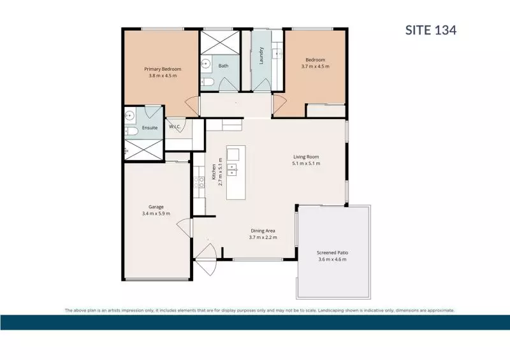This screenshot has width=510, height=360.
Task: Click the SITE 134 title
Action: (x=431, y=30)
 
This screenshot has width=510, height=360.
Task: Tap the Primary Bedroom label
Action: (x=163, y=69)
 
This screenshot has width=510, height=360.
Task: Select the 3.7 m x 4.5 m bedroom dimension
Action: (x=315, y=66)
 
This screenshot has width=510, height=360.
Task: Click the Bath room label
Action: (x=223, y=66)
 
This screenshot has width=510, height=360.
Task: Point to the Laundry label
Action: (x=261, y=55)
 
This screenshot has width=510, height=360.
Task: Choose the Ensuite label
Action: (x=150, y=127)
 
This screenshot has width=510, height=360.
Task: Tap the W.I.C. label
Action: (x=176, y=127)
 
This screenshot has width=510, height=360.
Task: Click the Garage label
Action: (x=156, y=206)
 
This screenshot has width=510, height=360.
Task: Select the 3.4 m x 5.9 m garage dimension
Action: (x=156, y=213)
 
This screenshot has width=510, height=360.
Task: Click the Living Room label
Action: (x=305, y=157)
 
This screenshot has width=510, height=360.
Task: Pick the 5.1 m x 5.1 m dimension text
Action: (x=305, y=164)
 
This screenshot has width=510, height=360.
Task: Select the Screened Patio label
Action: (x=332, y=252)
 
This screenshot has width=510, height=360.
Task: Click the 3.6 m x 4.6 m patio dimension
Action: (x=332, y=260)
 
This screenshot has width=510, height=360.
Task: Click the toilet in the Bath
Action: (x=208, y=82)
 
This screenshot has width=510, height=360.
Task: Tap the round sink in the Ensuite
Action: (x=130, y=115)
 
